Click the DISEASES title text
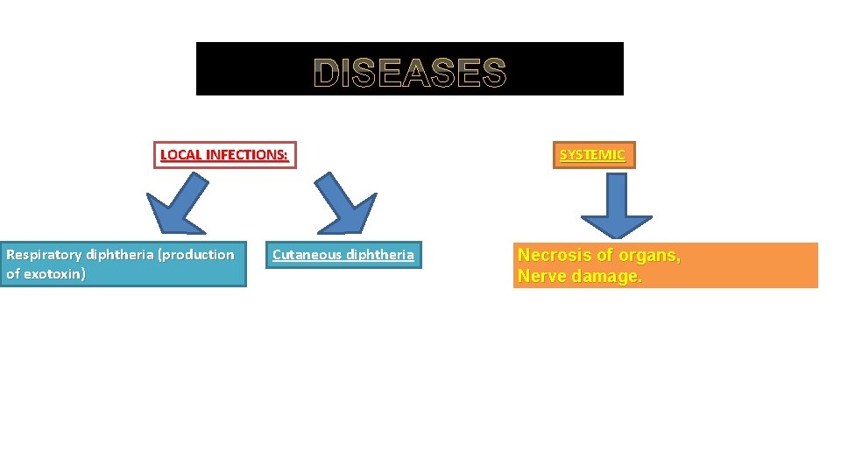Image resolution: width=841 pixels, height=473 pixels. click(410, 74)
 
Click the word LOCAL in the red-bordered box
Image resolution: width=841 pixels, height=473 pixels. click(181, 155)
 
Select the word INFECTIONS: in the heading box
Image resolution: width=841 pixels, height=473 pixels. click(246, 155)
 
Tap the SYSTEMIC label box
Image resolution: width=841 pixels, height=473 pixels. click(593, 155)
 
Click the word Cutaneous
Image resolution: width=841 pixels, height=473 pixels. click(307, 255)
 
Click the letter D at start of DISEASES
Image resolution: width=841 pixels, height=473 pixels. click(328, 74)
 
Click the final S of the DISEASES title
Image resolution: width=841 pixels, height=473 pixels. click(493, 74)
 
